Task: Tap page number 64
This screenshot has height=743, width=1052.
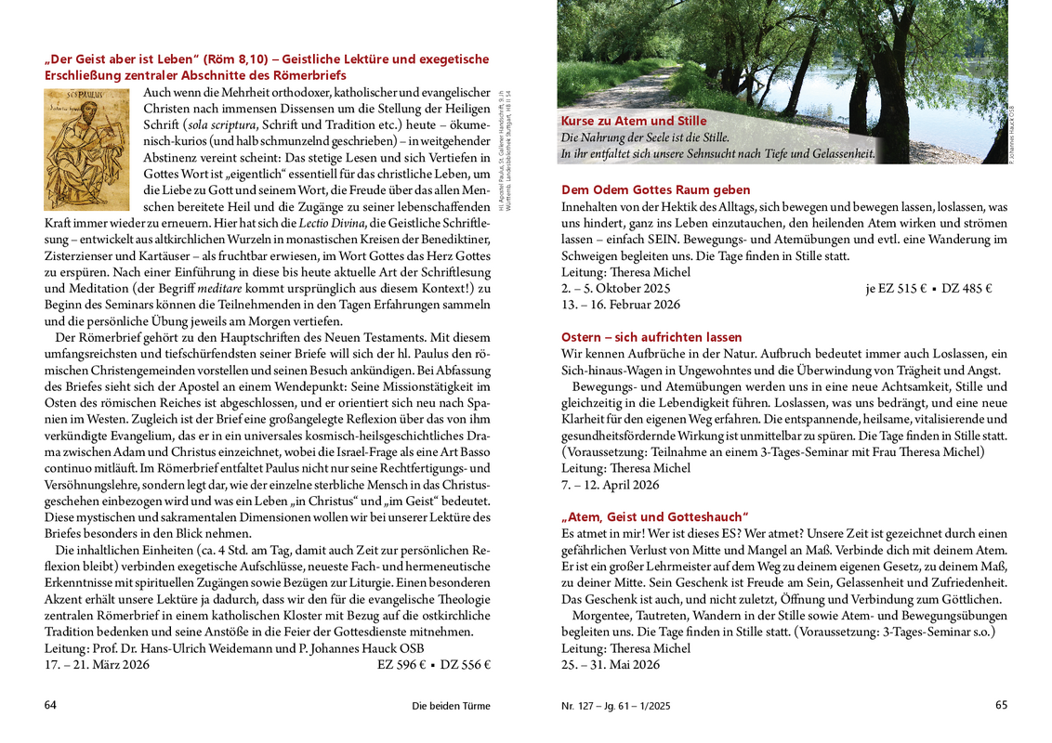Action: pos(51,705)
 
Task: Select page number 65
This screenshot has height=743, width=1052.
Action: pos(1001,705)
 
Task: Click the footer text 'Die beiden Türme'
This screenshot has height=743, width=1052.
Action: pos(451,706)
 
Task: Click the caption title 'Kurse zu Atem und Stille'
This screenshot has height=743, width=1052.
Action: pos(634,121)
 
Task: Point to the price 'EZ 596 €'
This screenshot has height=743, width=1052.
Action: pos(401,665)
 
